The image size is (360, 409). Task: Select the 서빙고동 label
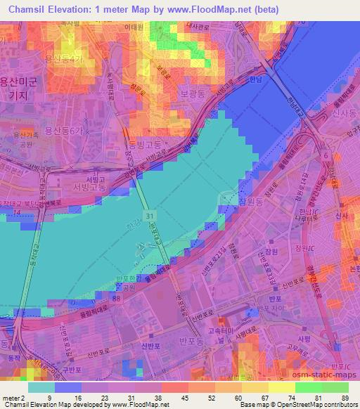coord(91,187)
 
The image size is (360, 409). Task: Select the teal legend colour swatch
coord(42,387)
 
